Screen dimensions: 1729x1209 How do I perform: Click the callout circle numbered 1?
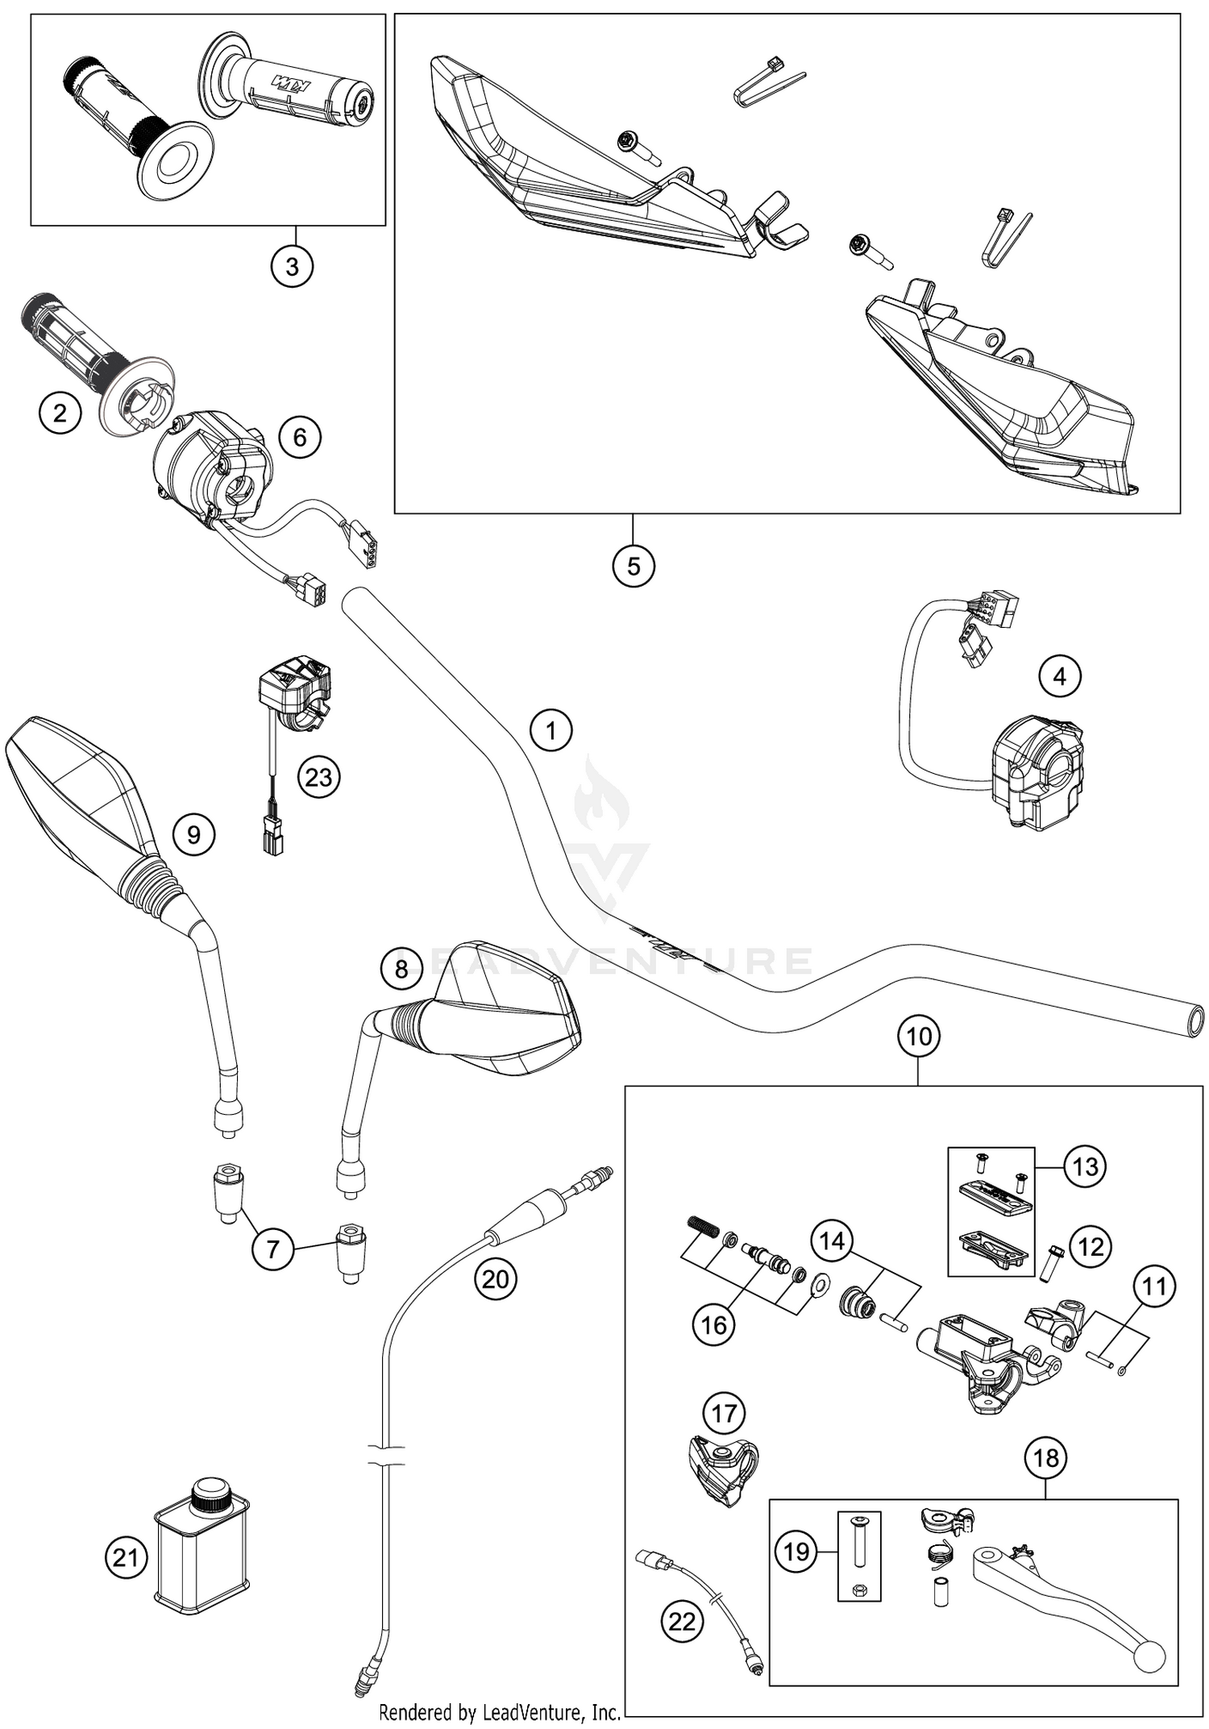[x=550, y=730]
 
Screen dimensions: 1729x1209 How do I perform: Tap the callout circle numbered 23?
[x=318, y=777]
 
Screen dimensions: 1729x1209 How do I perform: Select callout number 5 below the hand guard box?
[x=633, y=566]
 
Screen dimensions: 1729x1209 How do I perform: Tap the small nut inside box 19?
[x=859, y=1590]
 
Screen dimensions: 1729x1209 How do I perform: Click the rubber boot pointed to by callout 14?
[x=856, y=1301]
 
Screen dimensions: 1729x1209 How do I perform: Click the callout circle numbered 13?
[x=1085, y=1166]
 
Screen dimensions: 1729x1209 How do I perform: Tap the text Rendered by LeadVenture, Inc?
[x=499, y=1711]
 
